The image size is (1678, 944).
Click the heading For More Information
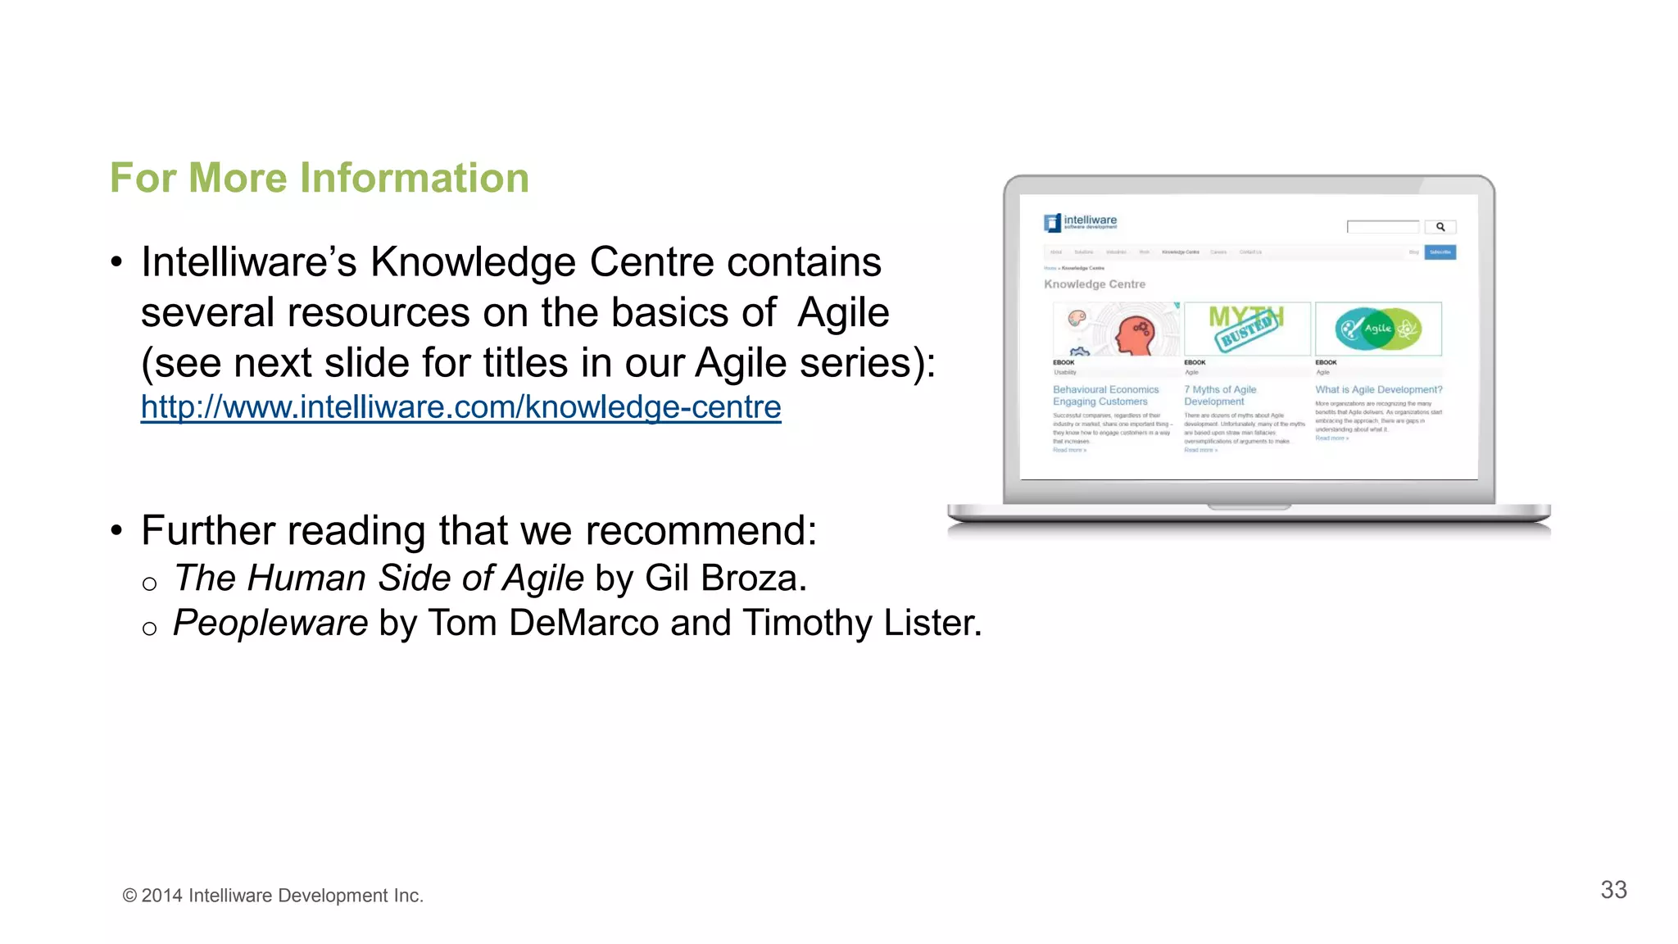[x=320, y=178]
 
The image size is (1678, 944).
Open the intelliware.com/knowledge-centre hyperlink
[x=460, y=407]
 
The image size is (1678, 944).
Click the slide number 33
[x=1613, y=890]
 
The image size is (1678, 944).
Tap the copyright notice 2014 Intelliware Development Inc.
[x=273, y=896]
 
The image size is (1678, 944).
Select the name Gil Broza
[x=724, y=579]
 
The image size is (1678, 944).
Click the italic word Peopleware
[x=270, y=623]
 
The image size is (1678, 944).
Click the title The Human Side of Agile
[x=379, y=579]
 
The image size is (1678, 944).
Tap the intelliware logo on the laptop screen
[x=1080, y=222]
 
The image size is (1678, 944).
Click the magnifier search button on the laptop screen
[x=1440, y=227]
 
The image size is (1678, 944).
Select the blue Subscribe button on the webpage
[x=1440, y=252]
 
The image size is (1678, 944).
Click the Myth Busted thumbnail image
[x=1246, y=328]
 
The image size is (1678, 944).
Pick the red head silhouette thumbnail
[x=1116, y=329]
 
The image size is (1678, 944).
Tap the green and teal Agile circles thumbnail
[x=1378, y=329]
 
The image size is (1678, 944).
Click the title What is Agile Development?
[x=1378, y=390]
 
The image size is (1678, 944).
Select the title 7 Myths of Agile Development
[x=1219, y=396]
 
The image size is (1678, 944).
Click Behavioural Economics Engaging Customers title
[x=1104, y=396]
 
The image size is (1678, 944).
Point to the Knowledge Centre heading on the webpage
[x=1094, y=284]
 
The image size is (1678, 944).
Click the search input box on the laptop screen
[x=1383, y=227]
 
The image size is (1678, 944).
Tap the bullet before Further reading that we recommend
[x=116, y=531]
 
